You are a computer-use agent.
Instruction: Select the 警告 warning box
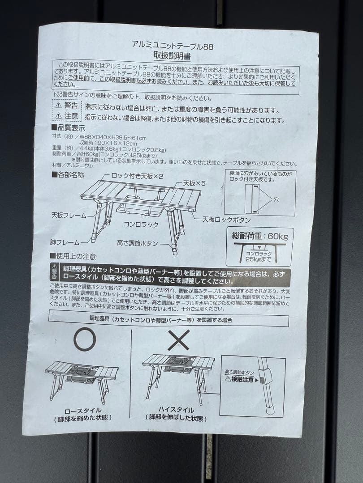tap(67, 106)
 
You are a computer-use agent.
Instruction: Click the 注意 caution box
tap(67, 116)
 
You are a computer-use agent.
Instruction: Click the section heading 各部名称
tap(68, 174)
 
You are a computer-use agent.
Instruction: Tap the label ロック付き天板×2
tap(131, 176)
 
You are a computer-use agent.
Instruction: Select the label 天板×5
tap(194, 183)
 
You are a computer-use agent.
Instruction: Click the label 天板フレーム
tap(68, 216)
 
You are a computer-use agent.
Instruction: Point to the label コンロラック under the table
tap(141, 225)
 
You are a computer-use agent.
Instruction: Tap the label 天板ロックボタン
tap(226, 220)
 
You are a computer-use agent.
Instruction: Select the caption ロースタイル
tap(83, 411)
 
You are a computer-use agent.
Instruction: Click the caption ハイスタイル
tap(176, 410)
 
